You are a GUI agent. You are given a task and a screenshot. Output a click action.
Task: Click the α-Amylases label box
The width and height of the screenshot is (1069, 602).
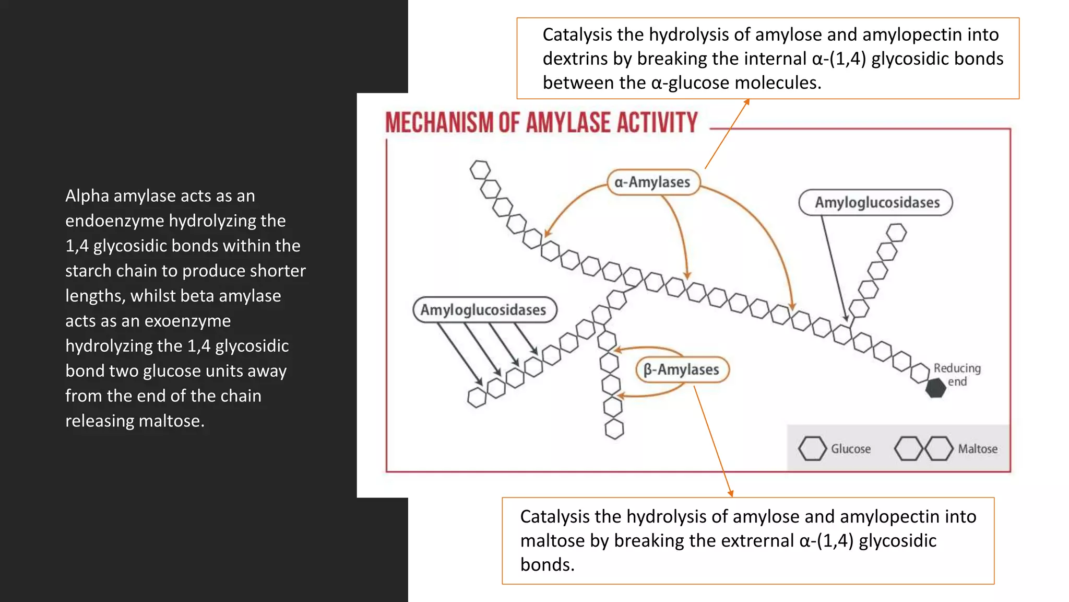pyautogui.click(x=653, y=182)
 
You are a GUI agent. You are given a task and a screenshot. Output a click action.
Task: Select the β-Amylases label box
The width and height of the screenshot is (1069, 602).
pyautogui.click(x=682, y=370)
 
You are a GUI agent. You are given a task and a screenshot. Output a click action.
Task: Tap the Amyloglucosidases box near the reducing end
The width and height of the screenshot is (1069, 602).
pyautogui.click(x=876, y=203)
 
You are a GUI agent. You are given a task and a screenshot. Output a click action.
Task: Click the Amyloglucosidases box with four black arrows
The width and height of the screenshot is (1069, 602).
pyautogui.click(x=484, y=310)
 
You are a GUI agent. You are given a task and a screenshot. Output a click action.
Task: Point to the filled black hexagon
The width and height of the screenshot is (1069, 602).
pyautogui.click(x=935, y=388)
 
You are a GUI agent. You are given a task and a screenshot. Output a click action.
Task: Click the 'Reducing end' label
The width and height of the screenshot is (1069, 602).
pyautogui.click(x=957, y=375)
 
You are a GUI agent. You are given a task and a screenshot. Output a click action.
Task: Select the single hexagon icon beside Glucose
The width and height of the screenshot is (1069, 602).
pyautogui.click(x=812, y=449)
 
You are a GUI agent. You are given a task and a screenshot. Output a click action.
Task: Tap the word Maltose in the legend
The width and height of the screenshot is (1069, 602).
pyautogui.click(x=977, y=449)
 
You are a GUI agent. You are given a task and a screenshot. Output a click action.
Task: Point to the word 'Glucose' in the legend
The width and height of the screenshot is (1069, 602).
pyautogui.click(x=850, y=449)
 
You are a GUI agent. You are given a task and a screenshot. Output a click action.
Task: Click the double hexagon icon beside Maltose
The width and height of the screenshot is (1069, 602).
pyautogui.click(x=923, y=449)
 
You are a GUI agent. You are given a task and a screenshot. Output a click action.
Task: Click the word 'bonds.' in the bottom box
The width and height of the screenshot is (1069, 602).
pyautogui.click(x=547, y=564)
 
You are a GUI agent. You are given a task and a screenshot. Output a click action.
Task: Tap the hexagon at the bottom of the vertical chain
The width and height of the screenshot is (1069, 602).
pyautogui.click(x=614, y=430)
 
